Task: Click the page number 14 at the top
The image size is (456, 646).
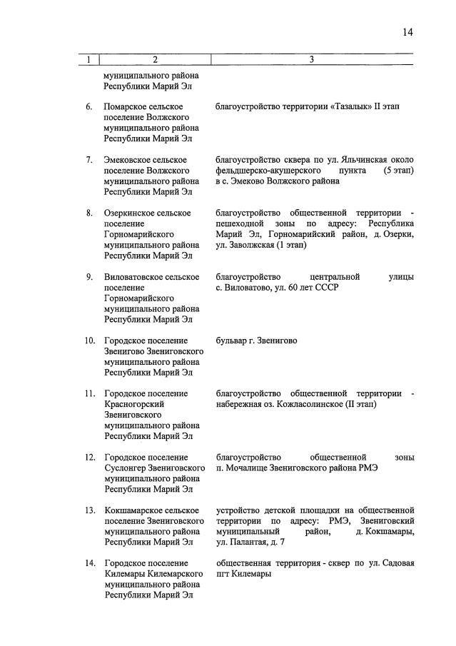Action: [x=407, y=31]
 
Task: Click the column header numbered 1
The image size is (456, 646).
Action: [x=88, y=60]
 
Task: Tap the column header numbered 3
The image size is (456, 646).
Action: [x=312, y=60]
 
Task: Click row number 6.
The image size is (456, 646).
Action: [x=89, y=106]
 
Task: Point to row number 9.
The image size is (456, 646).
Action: [x=89, y=277]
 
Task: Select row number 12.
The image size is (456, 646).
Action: [x=90, y=457]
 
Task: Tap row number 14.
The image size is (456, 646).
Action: [x=90, y=563]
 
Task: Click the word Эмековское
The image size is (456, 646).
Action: [x=128, y=159]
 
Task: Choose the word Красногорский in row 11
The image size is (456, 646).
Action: [x=135, y=404]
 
